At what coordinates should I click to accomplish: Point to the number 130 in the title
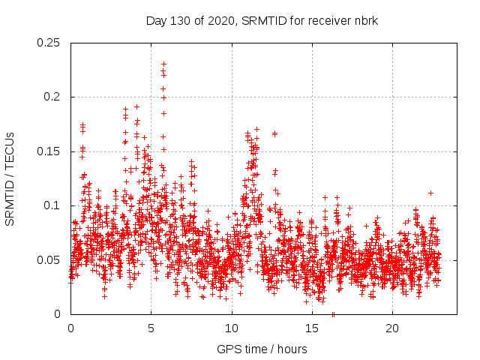tap(187, 20)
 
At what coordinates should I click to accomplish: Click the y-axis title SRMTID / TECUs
tap(10, 178)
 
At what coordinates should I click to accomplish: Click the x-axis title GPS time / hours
tap(262, 349)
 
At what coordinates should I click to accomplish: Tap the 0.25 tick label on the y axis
tap(49, 43)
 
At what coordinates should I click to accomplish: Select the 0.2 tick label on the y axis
tap(52, 97)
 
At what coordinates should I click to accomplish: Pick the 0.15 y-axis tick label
tap(49, 151)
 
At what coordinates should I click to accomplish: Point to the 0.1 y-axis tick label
tap(52, 205)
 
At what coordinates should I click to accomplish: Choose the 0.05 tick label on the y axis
tap(49, 260)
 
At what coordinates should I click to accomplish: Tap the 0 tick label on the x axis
tap(70, 328)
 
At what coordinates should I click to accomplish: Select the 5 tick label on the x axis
tap(151, 328)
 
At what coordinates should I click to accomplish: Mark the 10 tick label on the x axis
tap(231, 328)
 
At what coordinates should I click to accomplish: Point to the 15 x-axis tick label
tap(311, 328)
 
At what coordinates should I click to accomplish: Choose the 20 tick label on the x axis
tap(391, 328)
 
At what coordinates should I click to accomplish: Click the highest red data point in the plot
tap(163, 64)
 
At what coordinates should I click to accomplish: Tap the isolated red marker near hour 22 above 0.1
tap(431, 193)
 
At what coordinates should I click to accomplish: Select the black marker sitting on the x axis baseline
tap(333, 313)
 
